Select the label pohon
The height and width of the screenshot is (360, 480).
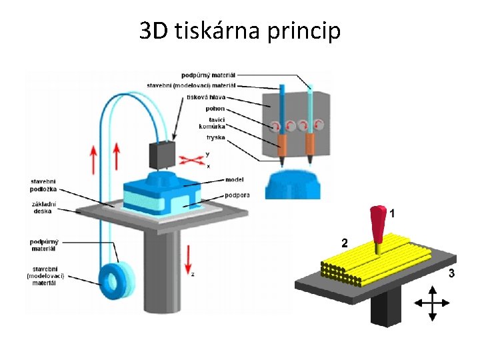tap(215, 108)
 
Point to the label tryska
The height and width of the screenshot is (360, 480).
tap(216, 137)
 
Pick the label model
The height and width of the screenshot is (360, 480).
tap(235, 179)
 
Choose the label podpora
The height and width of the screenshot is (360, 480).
tap(237, 195)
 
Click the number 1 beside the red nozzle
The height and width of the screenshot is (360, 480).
tap(393, 214)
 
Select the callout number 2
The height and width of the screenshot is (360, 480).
tap(344, 243)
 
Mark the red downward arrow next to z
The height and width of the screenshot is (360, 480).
tap(189, 259)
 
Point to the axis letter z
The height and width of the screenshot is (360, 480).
tap(193, 275)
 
